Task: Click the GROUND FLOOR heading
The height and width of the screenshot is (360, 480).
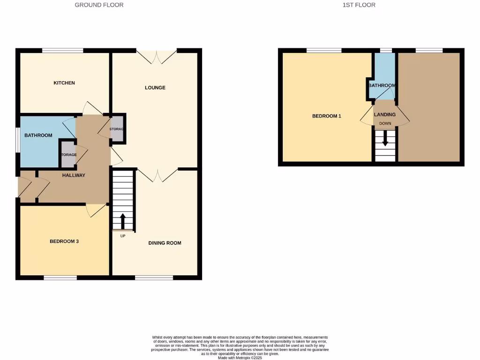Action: tap(99, 5)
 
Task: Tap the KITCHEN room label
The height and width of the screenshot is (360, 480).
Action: tap(64, 83)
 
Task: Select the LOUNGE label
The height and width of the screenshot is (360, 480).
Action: tap(155, 88)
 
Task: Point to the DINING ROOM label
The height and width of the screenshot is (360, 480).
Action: tap(165, 243)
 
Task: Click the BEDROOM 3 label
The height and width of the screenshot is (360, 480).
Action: tap(64, 241)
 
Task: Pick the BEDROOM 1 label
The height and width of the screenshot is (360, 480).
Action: tap(327, 116)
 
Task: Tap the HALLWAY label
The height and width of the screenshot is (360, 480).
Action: tap(74, 175)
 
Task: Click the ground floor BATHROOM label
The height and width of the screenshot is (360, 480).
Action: tap(38, 135)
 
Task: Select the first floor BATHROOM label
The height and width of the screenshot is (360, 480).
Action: tap(382, 86)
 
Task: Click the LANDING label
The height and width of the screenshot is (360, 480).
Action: tap(385, 114)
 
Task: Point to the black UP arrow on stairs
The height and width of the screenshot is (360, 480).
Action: tap(123, 221)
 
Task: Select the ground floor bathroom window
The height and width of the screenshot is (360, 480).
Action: tap(17, 140)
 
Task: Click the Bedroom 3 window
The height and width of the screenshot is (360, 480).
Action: tap(60, 278)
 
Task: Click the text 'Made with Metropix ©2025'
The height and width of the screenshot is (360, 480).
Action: tap(240, 357)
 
